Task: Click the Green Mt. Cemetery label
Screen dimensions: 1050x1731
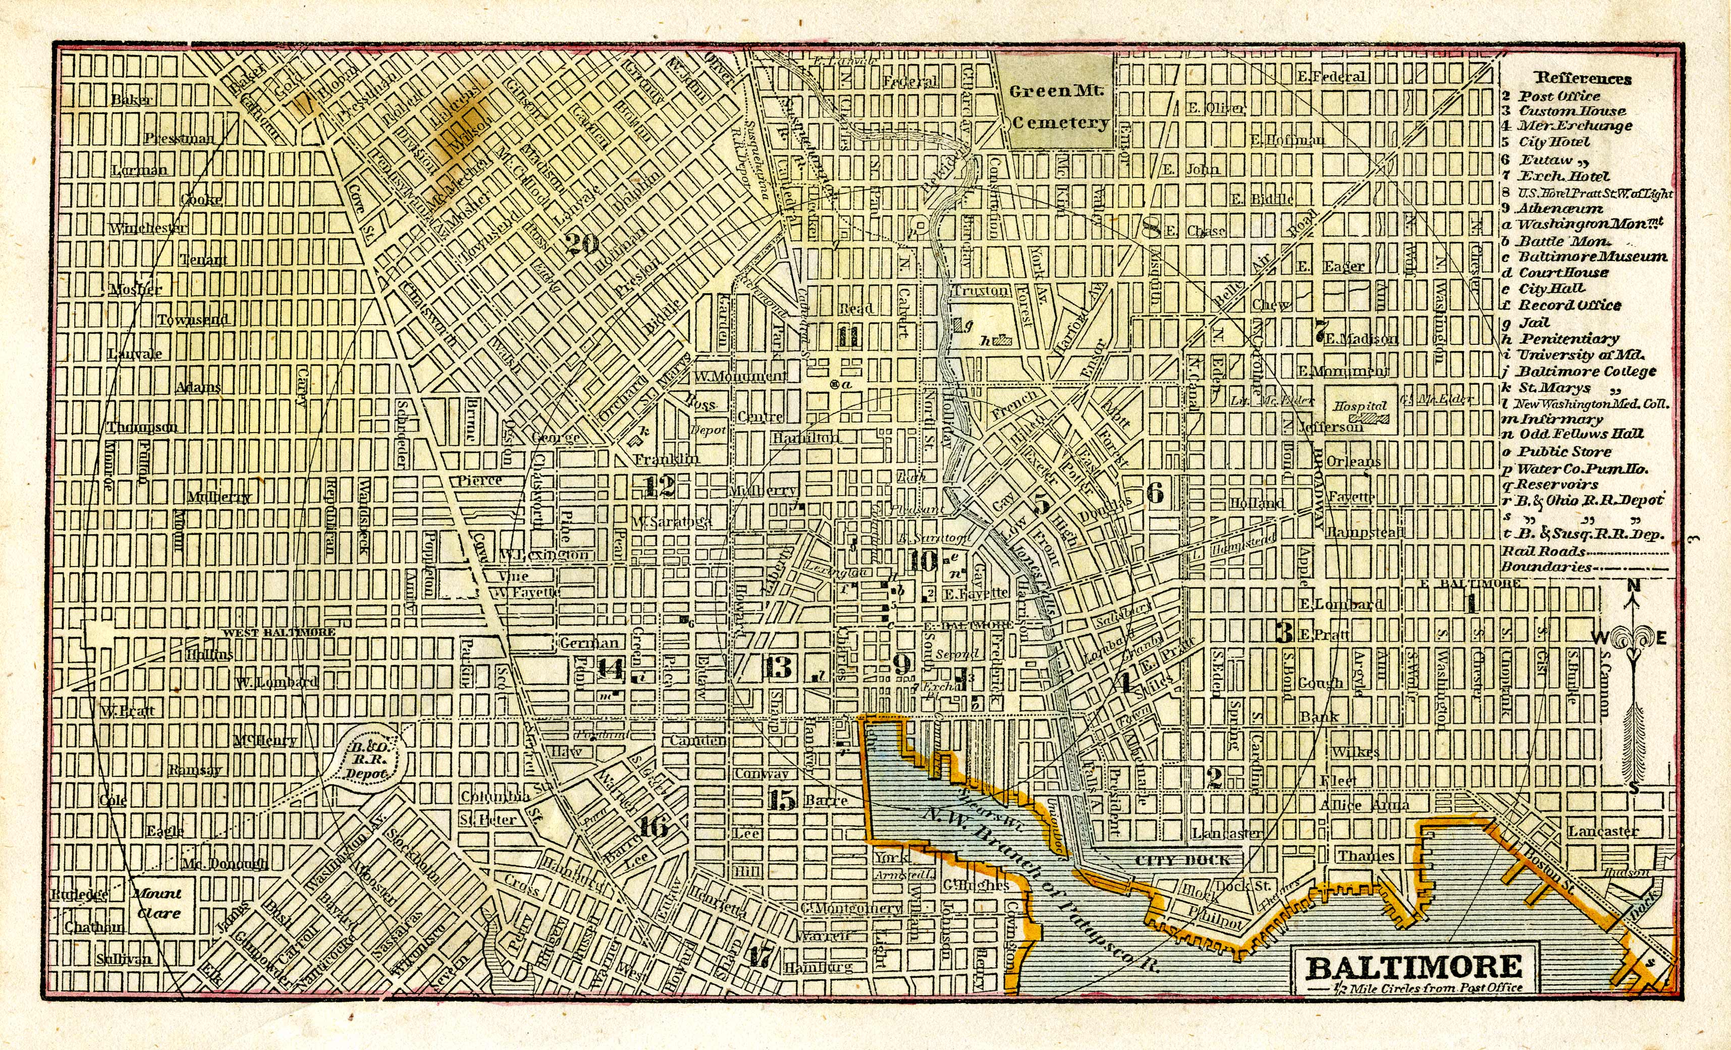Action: click(1058, 107)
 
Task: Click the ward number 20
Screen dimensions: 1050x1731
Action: click(582, 244)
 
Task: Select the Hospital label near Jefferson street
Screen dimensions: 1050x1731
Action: click(1360, 406)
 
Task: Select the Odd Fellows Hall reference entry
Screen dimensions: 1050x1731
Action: click(1581, 434)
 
